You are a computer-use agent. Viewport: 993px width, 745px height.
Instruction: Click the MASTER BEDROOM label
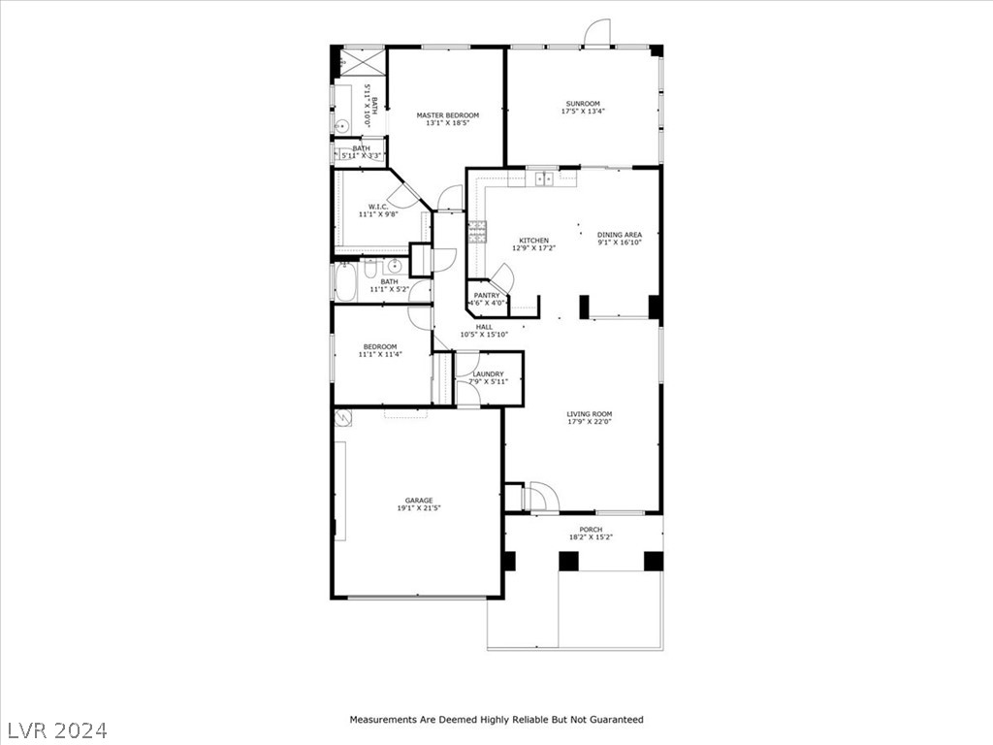pyautogui.click(x=447, y=115)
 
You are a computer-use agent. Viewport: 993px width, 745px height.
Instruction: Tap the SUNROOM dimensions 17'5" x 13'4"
pyautogui.click(x=583, y=113)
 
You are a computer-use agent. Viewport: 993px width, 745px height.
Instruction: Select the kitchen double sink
pyautogui.click(x=544, y=178)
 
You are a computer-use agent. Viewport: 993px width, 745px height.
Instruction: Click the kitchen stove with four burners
pyautogui.click(x=478, y=231)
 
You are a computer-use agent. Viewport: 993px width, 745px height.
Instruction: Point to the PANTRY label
pyautogui.click(x=487, y=295)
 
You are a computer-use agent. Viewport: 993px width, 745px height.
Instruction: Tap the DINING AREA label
pyautogui.click(x=620, y=234)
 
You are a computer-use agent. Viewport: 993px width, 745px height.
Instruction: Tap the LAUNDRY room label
pyautogui.click(x=488, y=373)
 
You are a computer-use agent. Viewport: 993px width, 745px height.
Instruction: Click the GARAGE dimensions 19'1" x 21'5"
pyautogui.click(x=419, y=508)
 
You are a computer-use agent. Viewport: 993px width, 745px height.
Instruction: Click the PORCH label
pyautogui.click(x=591, y=530)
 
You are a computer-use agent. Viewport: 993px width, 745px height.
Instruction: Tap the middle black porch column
pyautogui.click(x=568, y=561)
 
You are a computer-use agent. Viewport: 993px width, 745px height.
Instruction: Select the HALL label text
pyautogui.click(x=484, y=327)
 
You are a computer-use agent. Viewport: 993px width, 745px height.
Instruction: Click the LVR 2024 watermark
pyautogui.click(x=58, y=729)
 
